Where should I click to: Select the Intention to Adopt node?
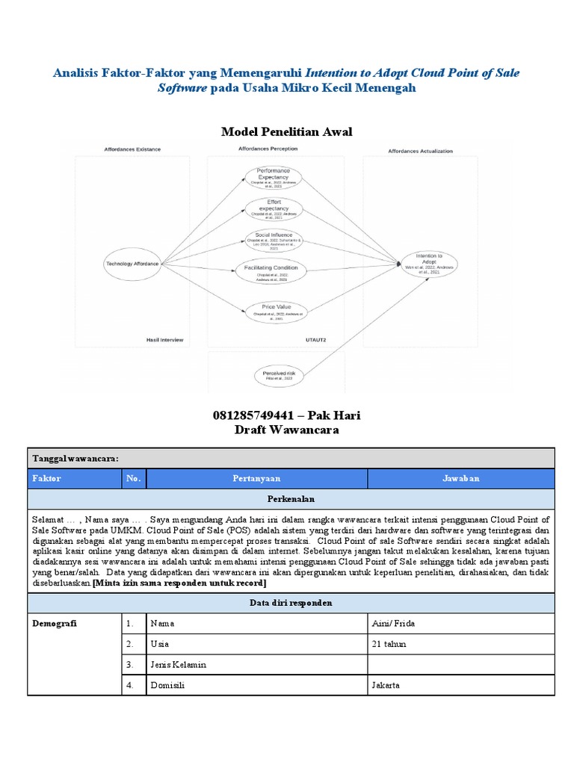coord(428,263)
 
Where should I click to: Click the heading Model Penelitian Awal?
coord(286,132)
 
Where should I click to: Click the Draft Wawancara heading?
coord(286,430)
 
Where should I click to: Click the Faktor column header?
coord(46,478)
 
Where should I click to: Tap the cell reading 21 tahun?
coord(388,643)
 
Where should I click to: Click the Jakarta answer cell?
coord(385,684)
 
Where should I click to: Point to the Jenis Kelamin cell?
coord(179,664)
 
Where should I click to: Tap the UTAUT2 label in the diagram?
coord(316,340)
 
